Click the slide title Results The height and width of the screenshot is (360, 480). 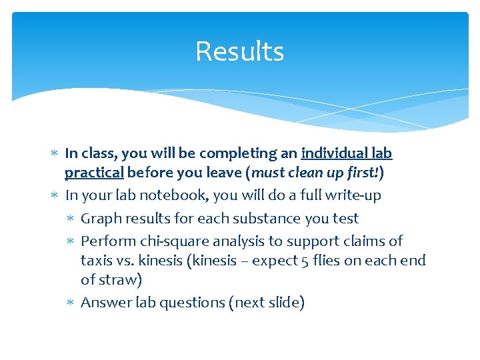239,51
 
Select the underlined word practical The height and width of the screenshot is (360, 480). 94,173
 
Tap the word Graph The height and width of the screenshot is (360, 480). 101,219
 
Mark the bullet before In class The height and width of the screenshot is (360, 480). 54,154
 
